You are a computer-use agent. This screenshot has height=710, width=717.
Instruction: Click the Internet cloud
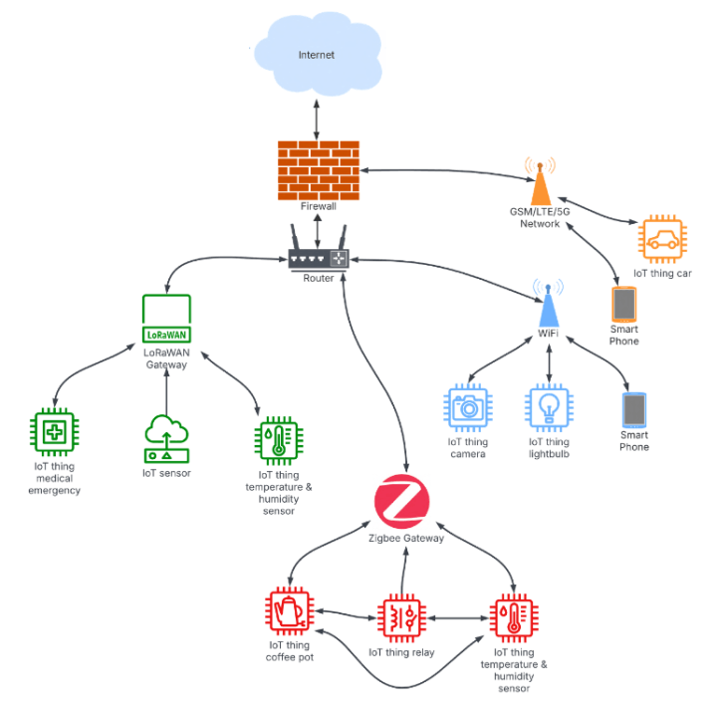[x=316, y=56]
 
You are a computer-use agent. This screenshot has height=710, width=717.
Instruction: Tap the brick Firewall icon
[x=318, y=169]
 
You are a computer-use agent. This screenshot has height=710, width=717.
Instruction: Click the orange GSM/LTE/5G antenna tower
[x=540, y=184]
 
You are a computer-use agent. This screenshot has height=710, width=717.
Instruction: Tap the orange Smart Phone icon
[x=623, y=303]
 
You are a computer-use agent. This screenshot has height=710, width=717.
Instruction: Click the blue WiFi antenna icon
[x=548, y=303]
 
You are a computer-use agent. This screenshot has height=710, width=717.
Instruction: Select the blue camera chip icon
[x=466, y=408]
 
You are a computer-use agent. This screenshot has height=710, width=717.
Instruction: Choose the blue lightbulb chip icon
[x=549, y=408]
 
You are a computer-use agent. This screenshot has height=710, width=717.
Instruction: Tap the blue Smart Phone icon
[x=633, y=409]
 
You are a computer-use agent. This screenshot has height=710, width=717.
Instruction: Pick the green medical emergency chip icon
[x=54, y=433]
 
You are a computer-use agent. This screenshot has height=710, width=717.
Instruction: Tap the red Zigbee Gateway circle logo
[x=402, y=501]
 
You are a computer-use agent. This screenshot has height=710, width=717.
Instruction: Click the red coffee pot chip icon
[x=290, y=612]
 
